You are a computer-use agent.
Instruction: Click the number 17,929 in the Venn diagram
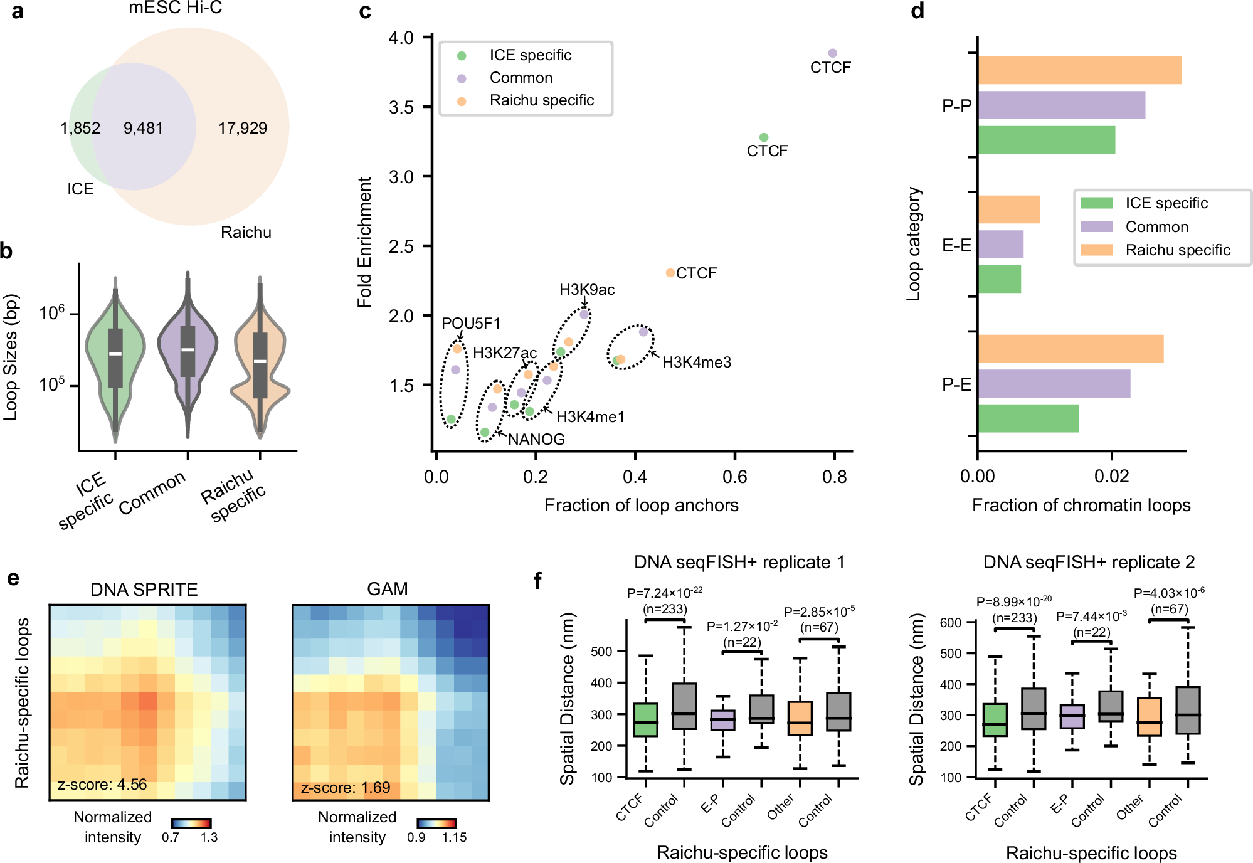pyautogui.click(x=242, y=128)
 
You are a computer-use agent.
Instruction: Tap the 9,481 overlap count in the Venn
pyautogui.click(x=143, y=128)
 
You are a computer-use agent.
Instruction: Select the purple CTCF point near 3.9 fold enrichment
pyautogui.click(x=832, y=53)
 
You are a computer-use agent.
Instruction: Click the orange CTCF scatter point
pyautogui.click(x=670, y=273)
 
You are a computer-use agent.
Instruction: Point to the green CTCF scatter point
pyautogui.click(x=763, y=137)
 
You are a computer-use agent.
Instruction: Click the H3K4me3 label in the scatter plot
pyautogui.click(x=696, y=363)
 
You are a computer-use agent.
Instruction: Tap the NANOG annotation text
pyautogui.click(x=536, y=439)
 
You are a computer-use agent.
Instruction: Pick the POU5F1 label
pyautogui.click(x=471, y=324)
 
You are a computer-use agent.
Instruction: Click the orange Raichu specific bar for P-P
pyautogui.click(x=1079, y=70)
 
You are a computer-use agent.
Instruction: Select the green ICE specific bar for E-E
pyautogui.click(x=999, y=279)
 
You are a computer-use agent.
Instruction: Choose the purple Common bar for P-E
pyautogui.click(x=1054, y=384)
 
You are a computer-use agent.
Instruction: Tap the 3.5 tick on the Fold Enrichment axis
pyautogui.click(x=401, y=107)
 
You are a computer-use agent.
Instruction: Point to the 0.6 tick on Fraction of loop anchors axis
pyautogui.click(x=734, y=477)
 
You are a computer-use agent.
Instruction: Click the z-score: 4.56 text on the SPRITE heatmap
pyautogui.click(x=102, y=785)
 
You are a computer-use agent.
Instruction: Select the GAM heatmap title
pyautogui.click(x=387, y=589)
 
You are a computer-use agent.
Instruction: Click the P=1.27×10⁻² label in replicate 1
pyautogui.click(x=742, y=626)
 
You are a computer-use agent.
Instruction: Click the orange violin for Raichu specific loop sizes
pyautogui.click(x=260, y=364)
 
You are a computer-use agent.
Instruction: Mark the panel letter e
pyautogui.click(x=13, y=578)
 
